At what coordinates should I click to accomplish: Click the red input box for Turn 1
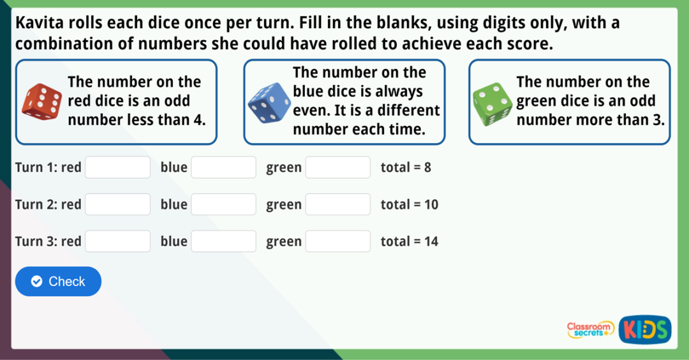118,168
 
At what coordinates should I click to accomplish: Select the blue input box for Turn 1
223,168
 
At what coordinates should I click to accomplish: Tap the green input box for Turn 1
338,168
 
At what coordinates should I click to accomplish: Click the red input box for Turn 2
118,205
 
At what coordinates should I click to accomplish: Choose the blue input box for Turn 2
223,205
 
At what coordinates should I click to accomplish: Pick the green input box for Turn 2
338,205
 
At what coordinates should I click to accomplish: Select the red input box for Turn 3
118,241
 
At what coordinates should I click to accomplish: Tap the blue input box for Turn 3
223,241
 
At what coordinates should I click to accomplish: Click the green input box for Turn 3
338,241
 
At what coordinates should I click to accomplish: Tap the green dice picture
492,103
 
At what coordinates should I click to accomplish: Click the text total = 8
406,168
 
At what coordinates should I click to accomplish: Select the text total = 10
409,205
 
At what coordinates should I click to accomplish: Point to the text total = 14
409,241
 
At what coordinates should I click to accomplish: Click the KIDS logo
645,329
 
